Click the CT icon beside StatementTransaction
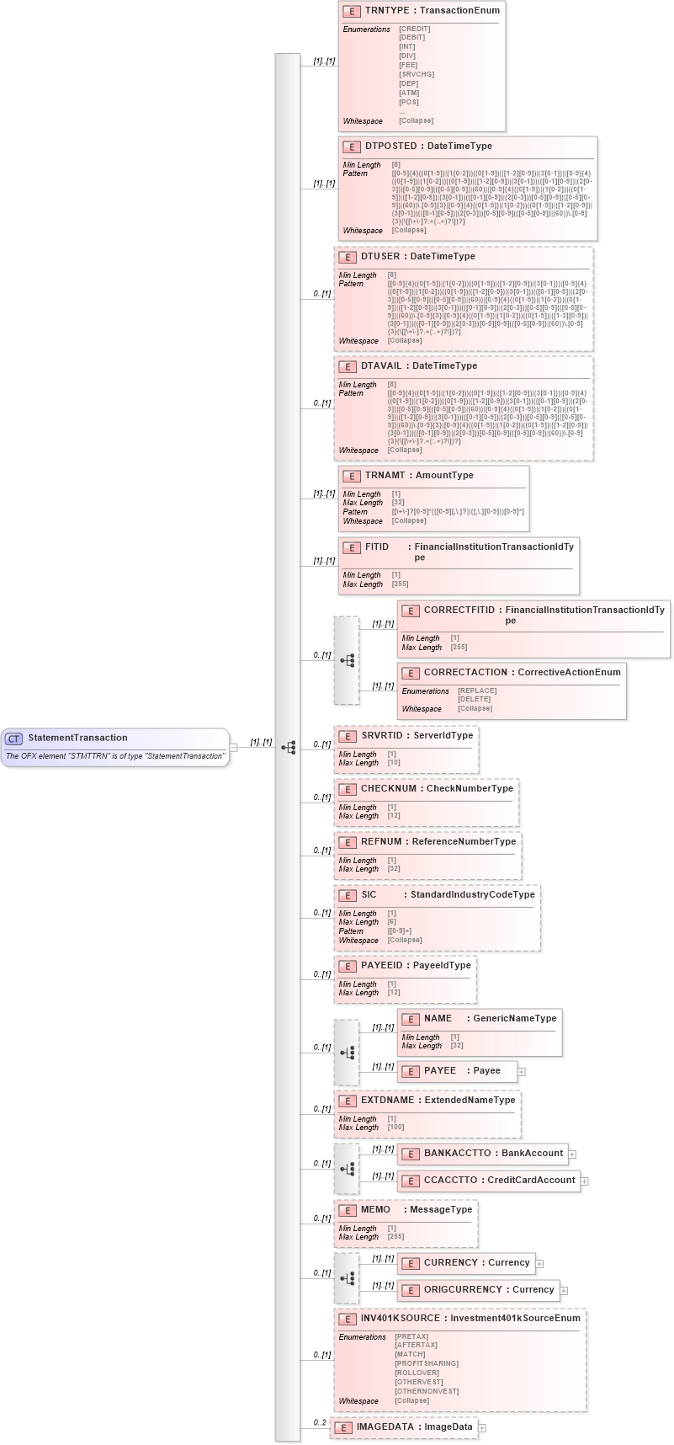[13, 738]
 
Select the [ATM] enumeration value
[410, 93]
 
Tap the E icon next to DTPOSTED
[352, 147]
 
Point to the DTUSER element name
[382, 256]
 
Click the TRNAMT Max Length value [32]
[398, 503]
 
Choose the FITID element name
[377, 547]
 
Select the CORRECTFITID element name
[459, 611]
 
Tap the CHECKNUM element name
[388, 788]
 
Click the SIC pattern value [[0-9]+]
[400, 931]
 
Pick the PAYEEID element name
[382, 965]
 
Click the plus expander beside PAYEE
[522, 1072]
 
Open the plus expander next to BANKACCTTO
[573, 1154]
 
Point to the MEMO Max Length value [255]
[395, 1237]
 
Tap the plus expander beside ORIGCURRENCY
[564, 1290]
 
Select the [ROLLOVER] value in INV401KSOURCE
[416, 1373]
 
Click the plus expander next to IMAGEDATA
[482, 1428]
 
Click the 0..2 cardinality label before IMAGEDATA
[319, 1423]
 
